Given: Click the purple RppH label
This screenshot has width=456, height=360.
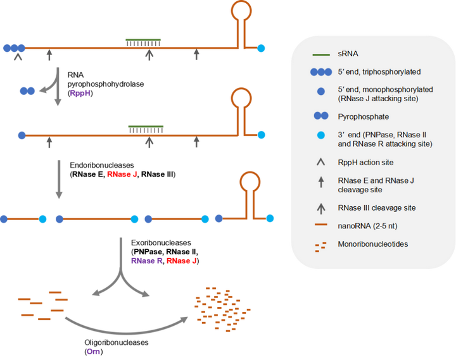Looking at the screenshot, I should tap(80, 92).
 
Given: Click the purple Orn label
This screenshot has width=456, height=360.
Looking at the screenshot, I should tap(94, 349).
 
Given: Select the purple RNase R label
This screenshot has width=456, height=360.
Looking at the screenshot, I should tap(147, 261).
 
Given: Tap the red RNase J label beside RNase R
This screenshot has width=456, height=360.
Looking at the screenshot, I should tap(181, 261).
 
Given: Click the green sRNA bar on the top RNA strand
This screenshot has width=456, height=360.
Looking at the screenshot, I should tap(142, 40).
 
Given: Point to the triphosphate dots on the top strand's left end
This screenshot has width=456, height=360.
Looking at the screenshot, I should tap(14, 48).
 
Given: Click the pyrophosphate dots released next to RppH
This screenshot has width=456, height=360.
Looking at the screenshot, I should tap(27, 91).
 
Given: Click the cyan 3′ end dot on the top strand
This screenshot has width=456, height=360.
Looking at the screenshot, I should tap(261, 48).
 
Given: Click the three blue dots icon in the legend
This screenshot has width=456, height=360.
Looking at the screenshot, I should tap(321, 72).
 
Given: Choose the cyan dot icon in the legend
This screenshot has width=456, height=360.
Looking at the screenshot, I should tap(321, 139).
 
